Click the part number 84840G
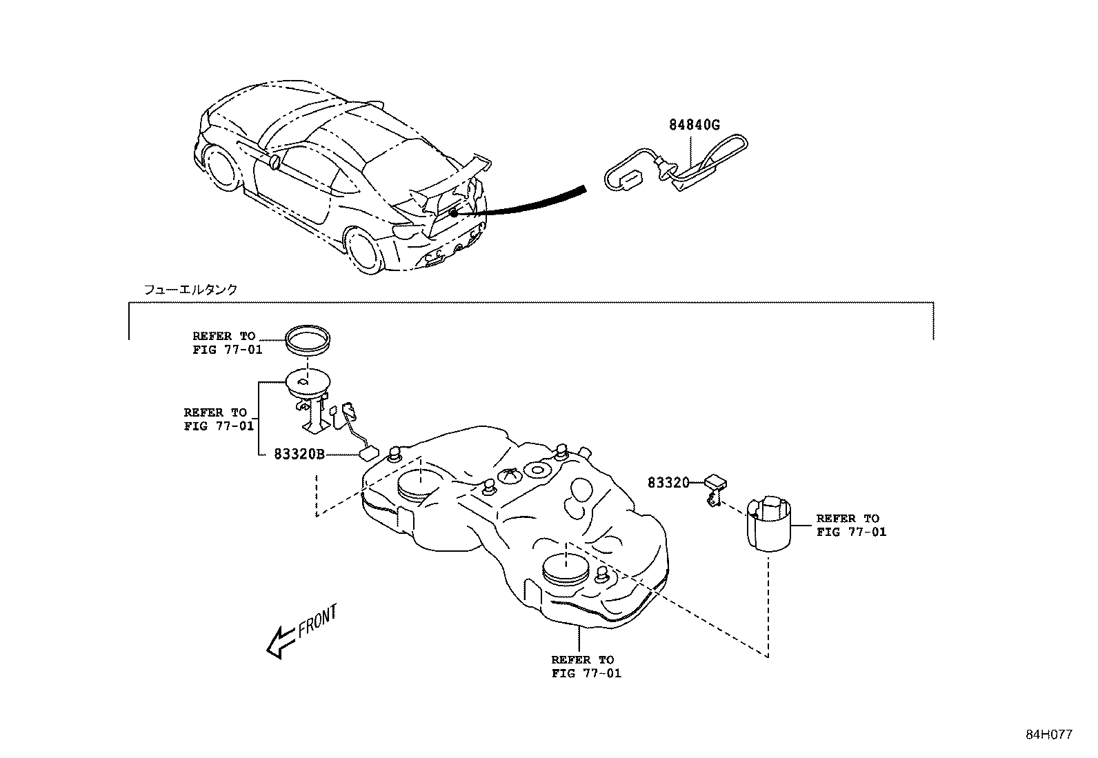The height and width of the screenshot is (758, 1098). (x=694, y=125)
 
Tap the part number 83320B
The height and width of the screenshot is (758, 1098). (x=299, y=455)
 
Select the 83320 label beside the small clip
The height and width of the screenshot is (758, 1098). (x=668, y=483)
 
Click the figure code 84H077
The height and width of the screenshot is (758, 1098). (x=1048, y=735)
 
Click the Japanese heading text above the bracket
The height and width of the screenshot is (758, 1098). (x=190, y=290)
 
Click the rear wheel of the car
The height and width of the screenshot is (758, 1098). (x=366, y=251)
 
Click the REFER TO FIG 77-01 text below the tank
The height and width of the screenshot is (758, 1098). (x=586, y=667)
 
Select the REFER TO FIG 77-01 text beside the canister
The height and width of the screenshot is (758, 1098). (x=850, y=525)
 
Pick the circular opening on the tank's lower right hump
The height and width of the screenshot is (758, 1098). (x=564, y=567)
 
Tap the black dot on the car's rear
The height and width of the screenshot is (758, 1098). (x=453, y=214)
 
